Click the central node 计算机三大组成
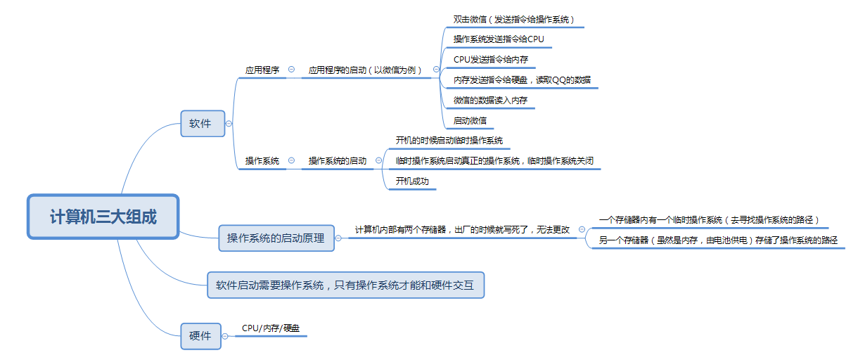click(103, 217)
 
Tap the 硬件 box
click(200, 336)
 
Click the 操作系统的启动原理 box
click(276, 238)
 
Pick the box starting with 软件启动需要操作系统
click(345, 285)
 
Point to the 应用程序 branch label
click(262, 70)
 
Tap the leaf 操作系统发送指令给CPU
click(499, 39)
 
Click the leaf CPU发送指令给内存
click(491, 60)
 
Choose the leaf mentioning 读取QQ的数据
click(522, 80)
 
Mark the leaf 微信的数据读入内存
click(490, 101)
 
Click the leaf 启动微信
click(470, 121)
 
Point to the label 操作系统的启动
click(338, 161)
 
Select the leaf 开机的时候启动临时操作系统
click(449, 141)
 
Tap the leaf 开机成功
click(412, 181)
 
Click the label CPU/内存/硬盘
click(271, 328)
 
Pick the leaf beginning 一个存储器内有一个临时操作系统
click(709, 220)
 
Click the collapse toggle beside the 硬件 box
click(225, 337)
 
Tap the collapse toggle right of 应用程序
click(291, 70)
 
